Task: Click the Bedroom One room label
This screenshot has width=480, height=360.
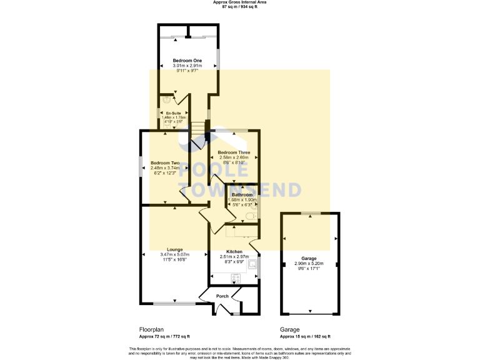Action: (x=187, y=61)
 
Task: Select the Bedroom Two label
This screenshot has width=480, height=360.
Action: (x=164, y=162)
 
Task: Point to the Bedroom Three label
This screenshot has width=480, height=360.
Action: (x=233, y=152)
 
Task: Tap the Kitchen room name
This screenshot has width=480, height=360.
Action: (x=234, y=252)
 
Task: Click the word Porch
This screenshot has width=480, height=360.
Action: (x=222, y=296)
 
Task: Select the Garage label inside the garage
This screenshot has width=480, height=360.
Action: (x=309, y=258)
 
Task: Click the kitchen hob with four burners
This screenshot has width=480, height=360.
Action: (x=237, y=278)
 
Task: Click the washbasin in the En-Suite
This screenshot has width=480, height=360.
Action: (x=164, y=98)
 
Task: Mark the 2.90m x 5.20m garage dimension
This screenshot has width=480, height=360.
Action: (x=309, y=264)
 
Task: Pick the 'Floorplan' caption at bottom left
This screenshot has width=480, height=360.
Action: (x=151, y=329)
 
